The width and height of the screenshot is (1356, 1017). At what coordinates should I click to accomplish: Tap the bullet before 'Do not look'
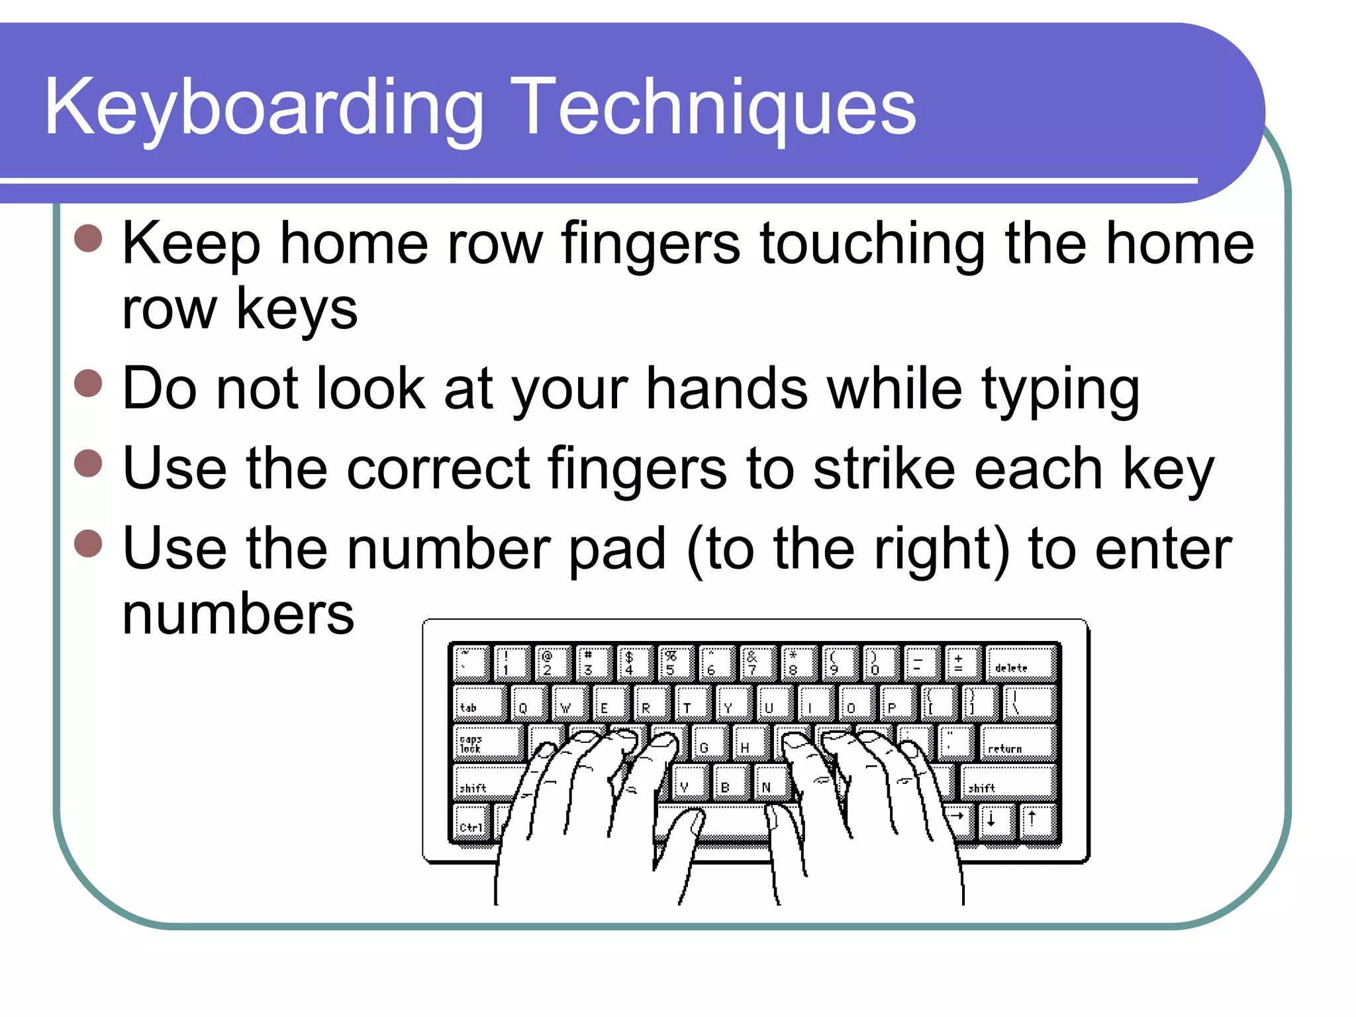(88, 383)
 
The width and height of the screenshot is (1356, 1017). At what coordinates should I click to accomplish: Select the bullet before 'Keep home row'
(88, 238)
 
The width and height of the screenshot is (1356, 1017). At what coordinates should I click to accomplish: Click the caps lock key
(488, 742)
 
